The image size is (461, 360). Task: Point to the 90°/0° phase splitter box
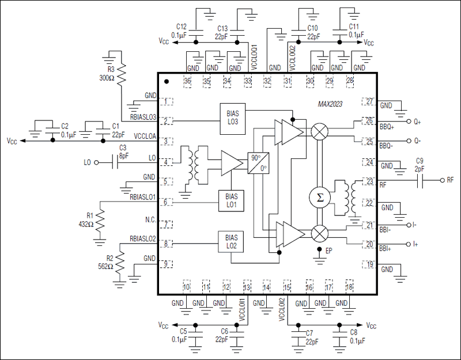coord(257,164)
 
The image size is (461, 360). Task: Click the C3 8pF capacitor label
coord(123,151)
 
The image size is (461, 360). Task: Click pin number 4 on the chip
coord(165,162)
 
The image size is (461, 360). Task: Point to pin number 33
coord(248,81)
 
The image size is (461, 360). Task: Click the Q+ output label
coord(417,122)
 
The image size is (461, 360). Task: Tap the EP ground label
coord(329,251)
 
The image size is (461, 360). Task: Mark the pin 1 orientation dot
coord(167,82)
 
